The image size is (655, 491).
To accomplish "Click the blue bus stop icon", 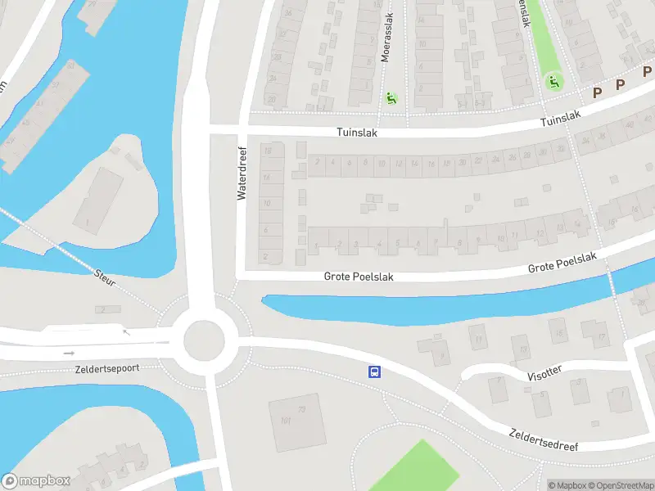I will (374, 372).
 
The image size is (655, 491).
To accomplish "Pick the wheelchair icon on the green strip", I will (553, 81).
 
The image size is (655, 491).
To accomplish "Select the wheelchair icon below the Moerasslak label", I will (391, 99).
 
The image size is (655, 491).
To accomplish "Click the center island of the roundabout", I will (204, 340).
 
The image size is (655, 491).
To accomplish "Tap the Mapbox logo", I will (36, 481).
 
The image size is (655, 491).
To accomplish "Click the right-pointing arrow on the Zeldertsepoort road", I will (68, 354).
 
